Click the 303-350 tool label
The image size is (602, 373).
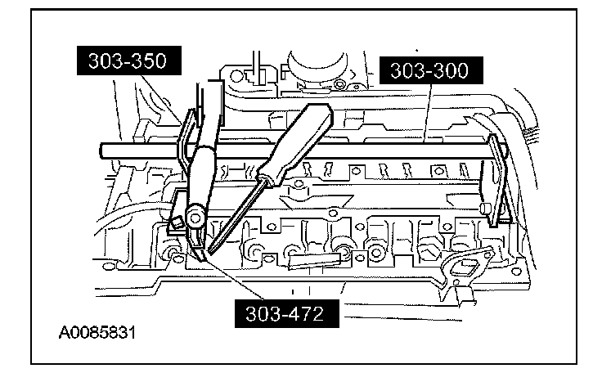pyautogui.click(x=129, y=61)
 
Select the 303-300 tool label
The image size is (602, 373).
pyautogui.click(x=431, y=70)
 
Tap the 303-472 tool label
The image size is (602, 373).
pyautogui.click(x=287, y=314)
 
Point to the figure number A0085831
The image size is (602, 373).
pyautogui.click(x=97, y=333)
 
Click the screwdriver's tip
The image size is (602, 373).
pyautogui.click(x=210, y=251)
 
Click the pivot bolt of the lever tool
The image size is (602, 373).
pyautogui.click(x=195, y=218)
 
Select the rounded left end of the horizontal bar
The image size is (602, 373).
pyautogui.click(x=103, y=151)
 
